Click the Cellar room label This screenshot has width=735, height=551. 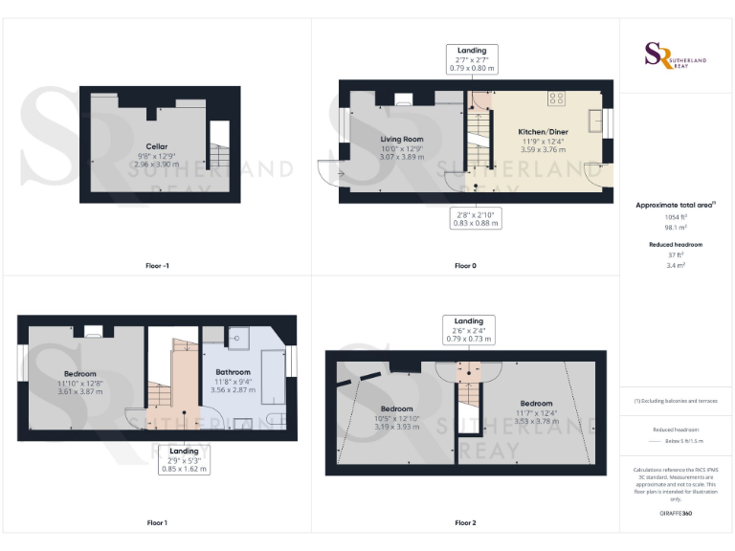tap(157, 146)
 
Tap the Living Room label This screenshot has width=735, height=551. tap(401, 140)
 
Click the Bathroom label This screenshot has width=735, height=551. tap(233, 372)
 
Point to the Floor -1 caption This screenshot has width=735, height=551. tap(156, 264)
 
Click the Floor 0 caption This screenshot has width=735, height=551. tap(465, 264)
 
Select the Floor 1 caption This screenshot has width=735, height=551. tap(156, 522)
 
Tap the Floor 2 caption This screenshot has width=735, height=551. tap(465, 522)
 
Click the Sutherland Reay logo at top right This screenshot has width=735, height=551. tap(677, 55)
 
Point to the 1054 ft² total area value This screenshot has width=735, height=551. tap(677, 217)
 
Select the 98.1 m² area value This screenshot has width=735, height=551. tap(677, 229)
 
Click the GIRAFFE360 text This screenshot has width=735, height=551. tap(677, 514)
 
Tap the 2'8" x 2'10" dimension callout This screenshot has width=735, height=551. tap(476, 218)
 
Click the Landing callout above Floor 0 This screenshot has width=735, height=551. tap(472, 59)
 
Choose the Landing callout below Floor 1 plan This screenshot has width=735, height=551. tap(185, 459)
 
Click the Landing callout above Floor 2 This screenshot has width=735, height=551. tap(469, 330)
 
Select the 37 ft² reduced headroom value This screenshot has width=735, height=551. tap(677, 255)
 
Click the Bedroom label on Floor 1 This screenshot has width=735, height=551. tap(80, 373)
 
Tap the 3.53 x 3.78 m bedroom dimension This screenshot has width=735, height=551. tap(536, 420)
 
